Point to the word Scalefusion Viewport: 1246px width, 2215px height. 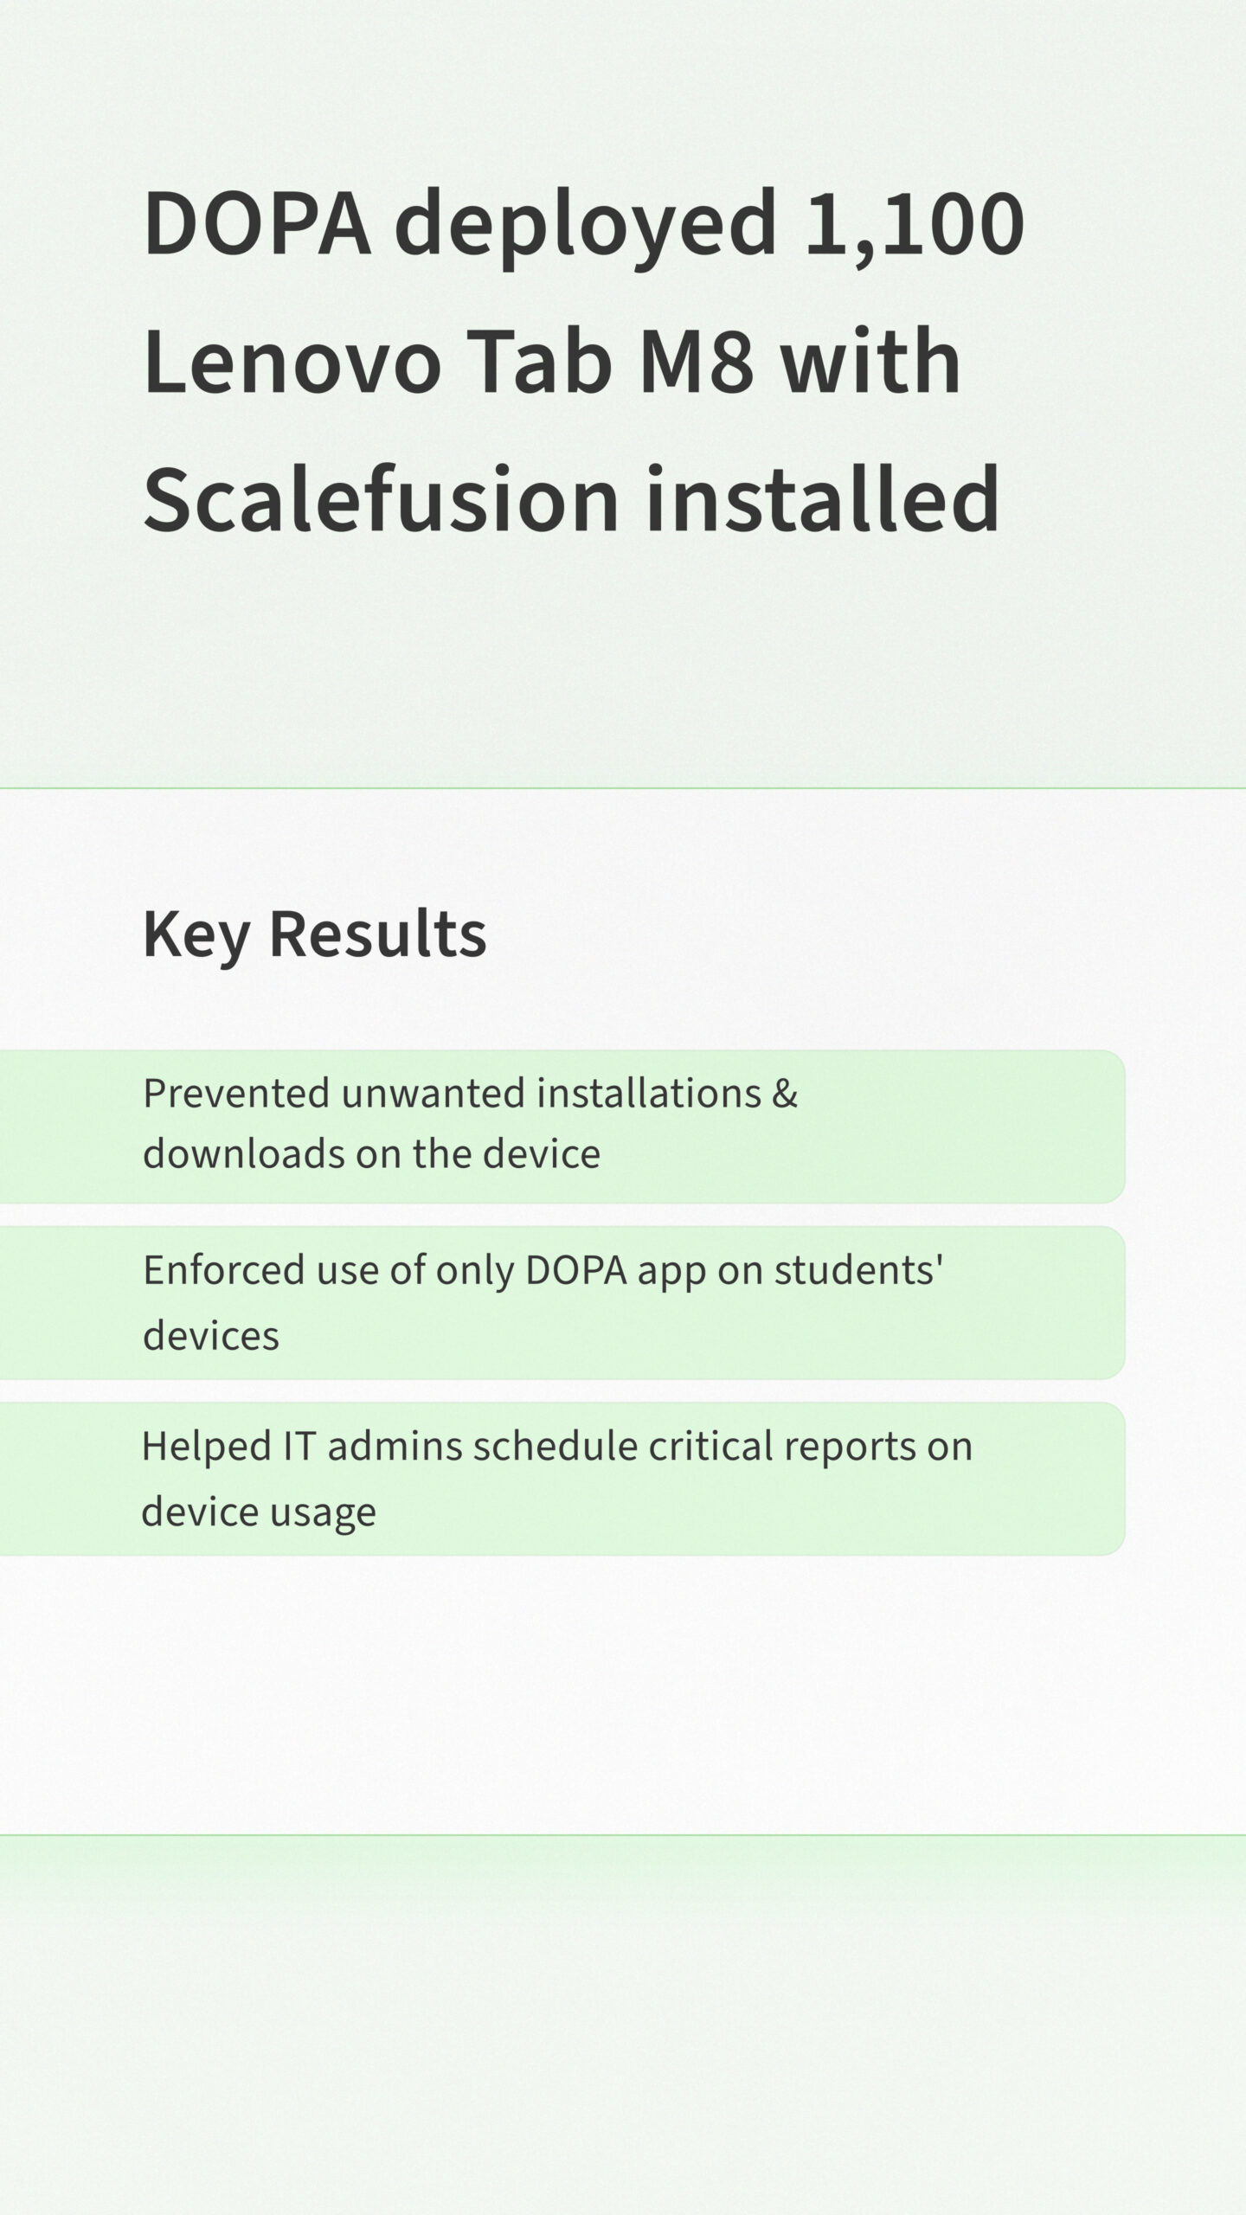pos(381,498)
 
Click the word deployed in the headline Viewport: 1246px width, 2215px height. pos(586,227)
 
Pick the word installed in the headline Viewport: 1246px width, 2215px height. pos(823,498)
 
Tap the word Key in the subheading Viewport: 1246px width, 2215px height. pos(195,935)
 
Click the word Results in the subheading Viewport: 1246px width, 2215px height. pos(378,934)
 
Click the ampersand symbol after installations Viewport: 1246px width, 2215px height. pos(785,1094)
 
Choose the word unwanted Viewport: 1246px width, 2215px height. pos(434,1095)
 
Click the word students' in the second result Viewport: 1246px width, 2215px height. pos(857,1270)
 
